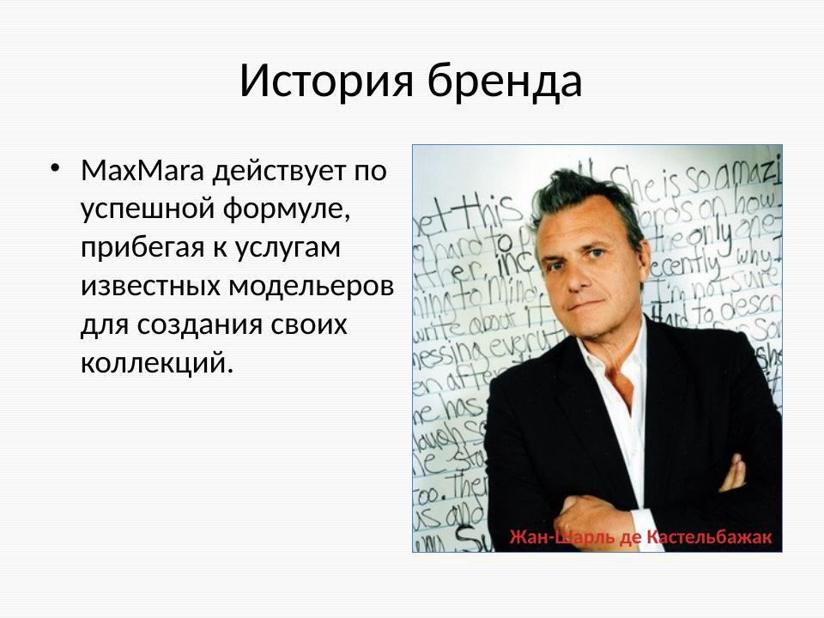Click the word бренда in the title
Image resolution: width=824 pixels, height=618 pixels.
[x=506, y=82]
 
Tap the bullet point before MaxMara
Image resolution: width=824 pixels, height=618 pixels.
[x=56, y=167]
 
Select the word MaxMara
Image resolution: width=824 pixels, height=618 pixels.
[x=142, y=172]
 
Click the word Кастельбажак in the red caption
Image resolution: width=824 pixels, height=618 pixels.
[x=709, y=537]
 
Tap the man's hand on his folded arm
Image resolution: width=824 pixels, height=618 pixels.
[x=732, y=471]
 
